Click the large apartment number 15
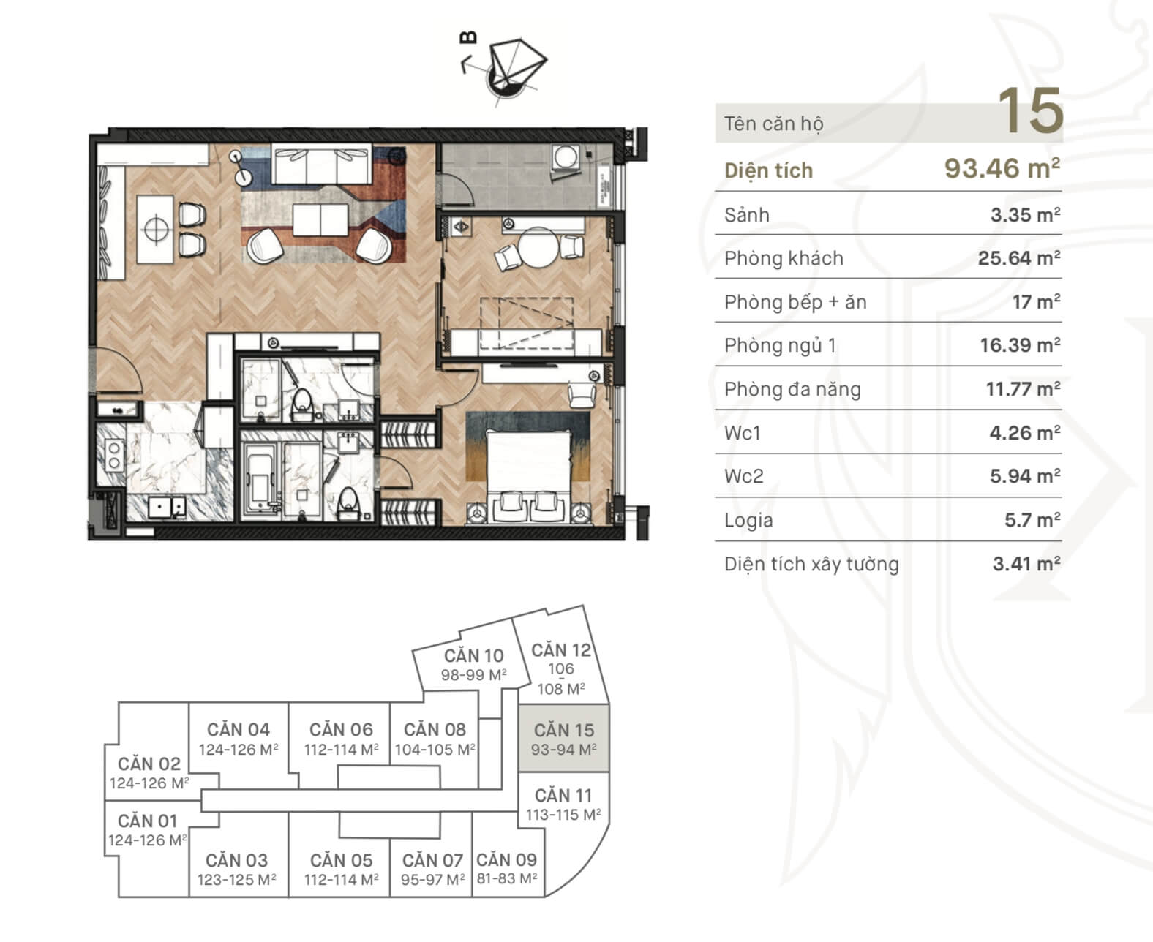pos(1031,111)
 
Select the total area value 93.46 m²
pos(1002,168)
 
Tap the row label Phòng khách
pos(784,258)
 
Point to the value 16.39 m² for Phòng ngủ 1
pos(1020,345)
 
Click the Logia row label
pos(748,520)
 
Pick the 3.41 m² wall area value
pos(1026,563)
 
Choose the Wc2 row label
pos(743,476)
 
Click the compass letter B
pos(468,37)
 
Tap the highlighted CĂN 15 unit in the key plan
pos(563,738)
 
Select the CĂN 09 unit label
pos(507,859)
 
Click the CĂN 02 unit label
pos(149,764)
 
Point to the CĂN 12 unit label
pos(561,650)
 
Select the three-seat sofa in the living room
pos(322,163)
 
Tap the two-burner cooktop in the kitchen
pos(114,456)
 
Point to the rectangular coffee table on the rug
pos(320,220)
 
